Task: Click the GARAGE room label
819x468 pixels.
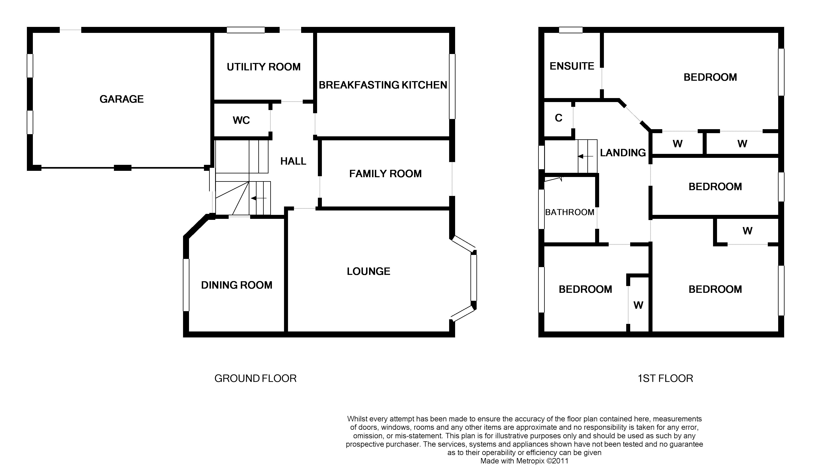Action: (121, 99)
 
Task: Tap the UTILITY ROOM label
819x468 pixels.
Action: (263, 67)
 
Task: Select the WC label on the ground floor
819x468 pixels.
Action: (241, 120)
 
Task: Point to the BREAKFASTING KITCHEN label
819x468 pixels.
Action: (383, 85)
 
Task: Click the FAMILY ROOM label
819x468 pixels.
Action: (385, 174)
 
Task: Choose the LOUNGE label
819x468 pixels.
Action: (368, 271)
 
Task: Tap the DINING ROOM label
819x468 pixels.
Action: (236, 285)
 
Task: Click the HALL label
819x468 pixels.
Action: (293, 161)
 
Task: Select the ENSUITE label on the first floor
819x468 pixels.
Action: (572, 66)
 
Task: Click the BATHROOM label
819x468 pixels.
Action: (569, 212)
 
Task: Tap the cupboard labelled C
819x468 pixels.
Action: (558, 118)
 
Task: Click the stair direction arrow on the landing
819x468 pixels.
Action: (585, 156)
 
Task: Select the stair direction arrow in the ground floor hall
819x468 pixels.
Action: (259, 198)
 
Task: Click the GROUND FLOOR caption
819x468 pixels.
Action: (255, 378)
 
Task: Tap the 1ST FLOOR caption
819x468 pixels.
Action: (665, 378)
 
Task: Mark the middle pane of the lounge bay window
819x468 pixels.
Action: (473, 277)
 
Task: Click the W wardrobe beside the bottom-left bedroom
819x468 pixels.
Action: (638, 305)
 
